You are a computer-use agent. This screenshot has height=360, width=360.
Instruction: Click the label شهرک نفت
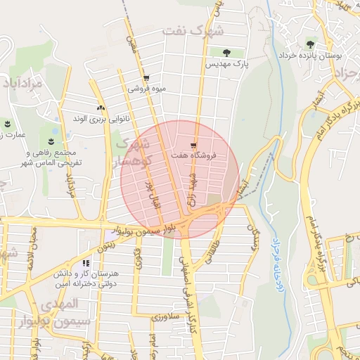[x=192, y=30]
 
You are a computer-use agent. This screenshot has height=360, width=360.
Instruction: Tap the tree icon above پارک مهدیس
[x=226, y=52]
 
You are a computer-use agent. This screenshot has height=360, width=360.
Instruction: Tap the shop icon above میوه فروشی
[x=146, y=78]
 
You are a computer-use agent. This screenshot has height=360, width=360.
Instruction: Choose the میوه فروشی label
[x=146, y=89]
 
